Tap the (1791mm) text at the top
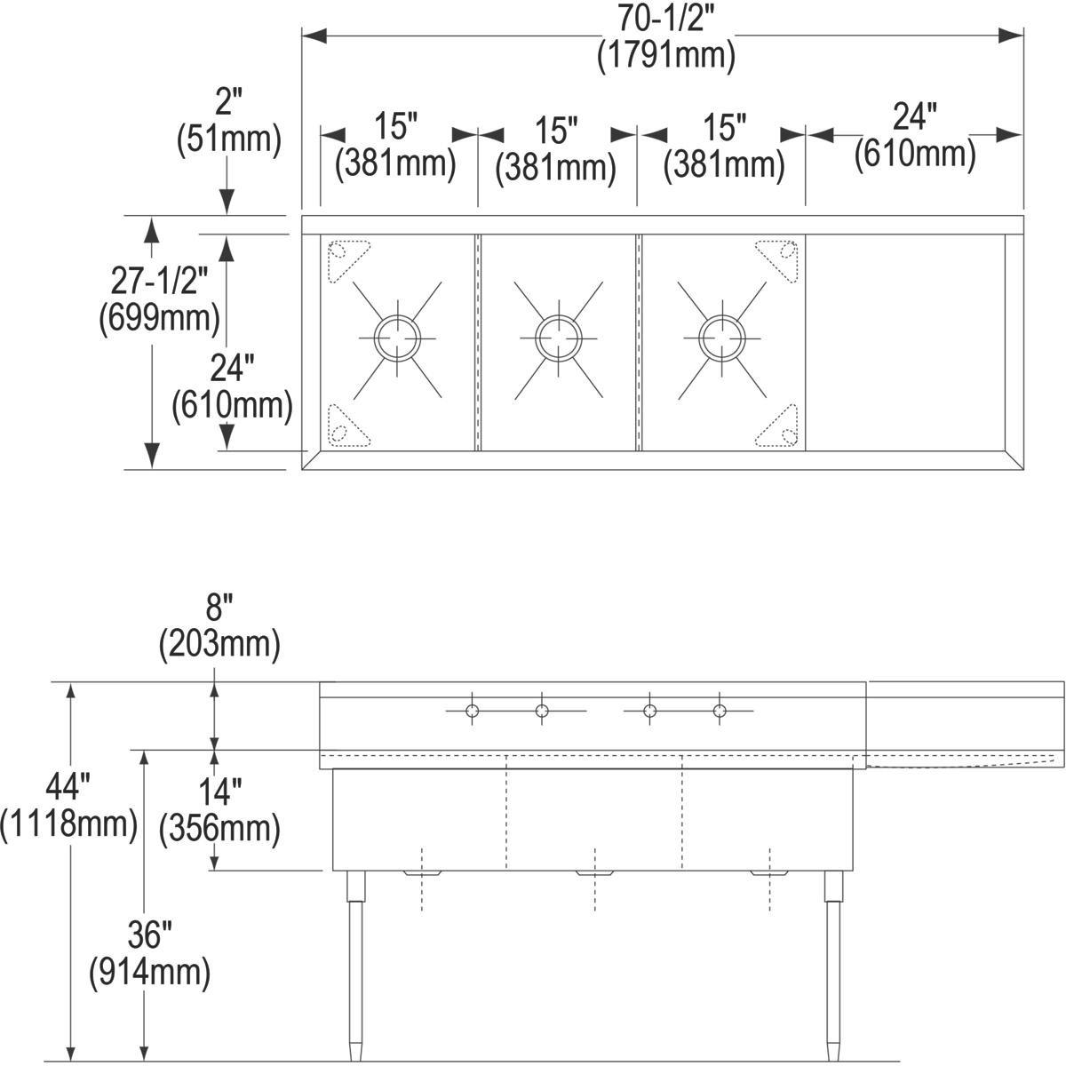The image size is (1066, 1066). click(x=665, y=56)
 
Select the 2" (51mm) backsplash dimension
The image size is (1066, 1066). click(x=228, y=119)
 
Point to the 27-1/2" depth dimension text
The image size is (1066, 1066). click(x=160, y=282)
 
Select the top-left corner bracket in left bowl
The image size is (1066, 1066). click(x=346, y=259)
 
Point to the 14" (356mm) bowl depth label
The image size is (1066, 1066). click(x=219, y=809)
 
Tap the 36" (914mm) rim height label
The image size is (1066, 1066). click(x=149, y=955)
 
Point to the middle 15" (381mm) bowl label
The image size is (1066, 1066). click(x=556, y=147)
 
